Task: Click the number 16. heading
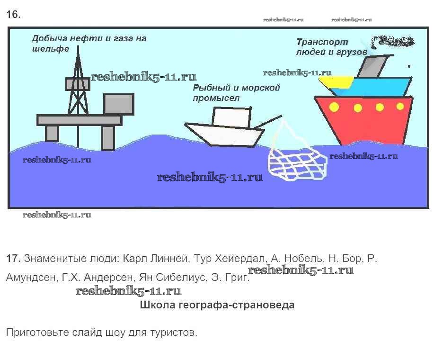pyautogui.click(x=13, y=15)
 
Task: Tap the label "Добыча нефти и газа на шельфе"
pyautogui.click(x=89, y=43)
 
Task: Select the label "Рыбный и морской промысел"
pyautogui.click(x=236, y=93)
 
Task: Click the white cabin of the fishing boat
pyautogui.click(x=231, y=117)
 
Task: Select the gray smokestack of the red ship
pyautogui.click(x=374, y=66)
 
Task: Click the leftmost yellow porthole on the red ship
pyautogui.click(x=334, y=107)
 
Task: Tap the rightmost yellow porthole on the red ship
pyautogui.click(x=400, y=106)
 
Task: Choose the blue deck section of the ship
pyautogui.click(x=374, y=87)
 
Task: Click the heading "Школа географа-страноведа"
pyautogui.click(x=217, y=305)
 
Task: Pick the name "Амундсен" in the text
pyautogui.click(x=32, y=278)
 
